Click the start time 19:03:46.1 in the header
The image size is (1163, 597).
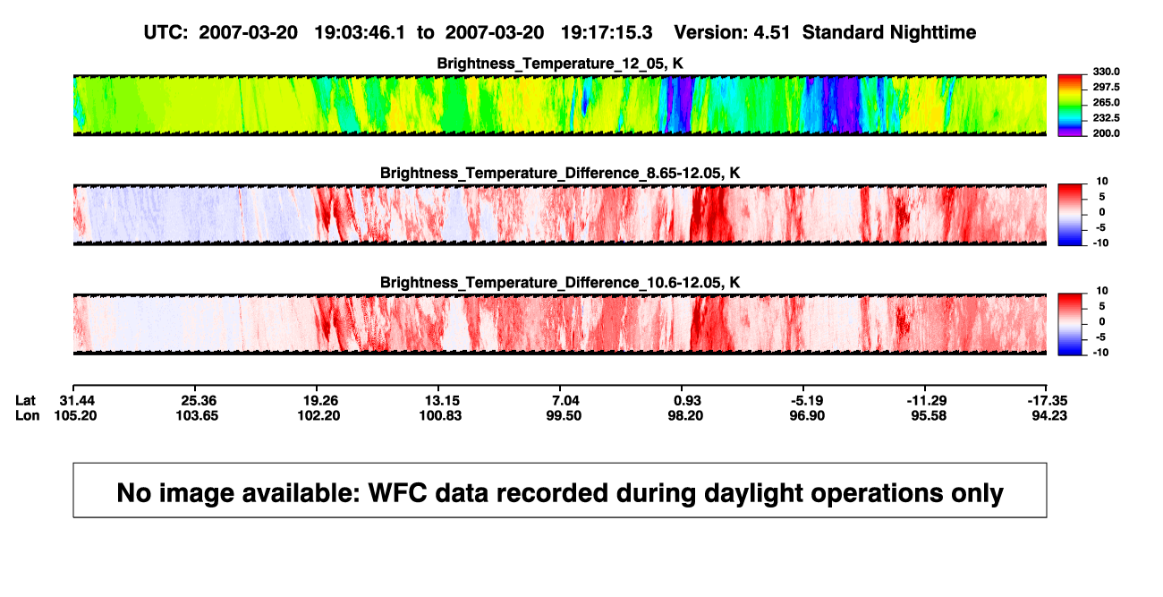coord(360,32)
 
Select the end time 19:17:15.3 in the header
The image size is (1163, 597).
coord(607,32)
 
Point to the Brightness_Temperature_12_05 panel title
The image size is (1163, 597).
coord(560,64)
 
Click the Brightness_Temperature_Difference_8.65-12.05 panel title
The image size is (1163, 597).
coord(560,173)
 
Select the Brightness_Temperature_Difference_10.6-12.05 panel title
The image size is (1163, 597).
coord(560,283)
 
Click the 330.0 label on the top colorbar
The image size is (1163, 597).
coord(1106,72)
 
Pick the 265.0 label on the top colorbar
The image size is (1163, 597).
coord(1106,102)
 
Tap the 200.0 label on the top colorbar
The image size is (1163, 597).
coord(1106,133)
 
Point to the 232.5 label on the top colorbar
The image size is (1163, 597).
coord(1106,118)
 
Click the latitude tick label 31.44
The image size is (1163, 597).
coord(77,401)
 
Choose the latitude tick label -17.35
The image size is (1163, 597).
coord(1048,401)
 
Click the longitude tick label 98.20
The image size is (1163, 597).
coord(685,415)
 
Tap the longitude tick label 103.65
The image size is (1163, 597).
coord(197,415)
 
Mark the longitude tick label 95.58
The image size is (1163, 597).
coord(929,415)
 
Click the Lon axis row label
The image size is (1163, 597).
coord(28,415)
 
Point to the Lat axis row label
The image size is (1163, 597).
coord(25,401)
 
